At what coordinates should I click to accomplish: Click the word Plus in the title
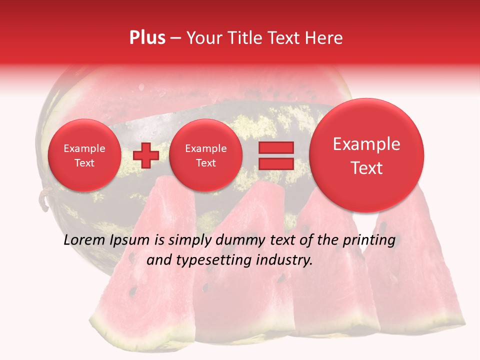coord(147,38)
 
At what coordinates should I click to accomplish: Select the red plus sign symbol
coord(145,155)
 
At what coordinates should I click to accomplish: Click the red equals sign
coord(275,155)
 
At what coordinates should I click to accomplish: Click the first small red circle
coord(84,155)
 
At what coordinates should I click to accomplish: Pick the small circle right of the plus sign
coord(205,155)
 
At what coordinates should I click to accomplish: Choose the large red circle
coord(366,155)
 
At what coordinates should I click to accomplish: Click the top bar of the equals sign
coord(275,147)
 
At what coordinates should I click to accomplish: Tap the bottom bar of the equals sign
coord(275,163)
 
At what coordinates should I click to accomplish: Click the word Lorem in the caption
coord(81,240)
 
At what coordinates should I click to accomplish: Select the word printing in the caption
coord(370,240)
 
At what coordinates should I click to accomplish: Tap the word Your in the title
coord(202,38)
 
